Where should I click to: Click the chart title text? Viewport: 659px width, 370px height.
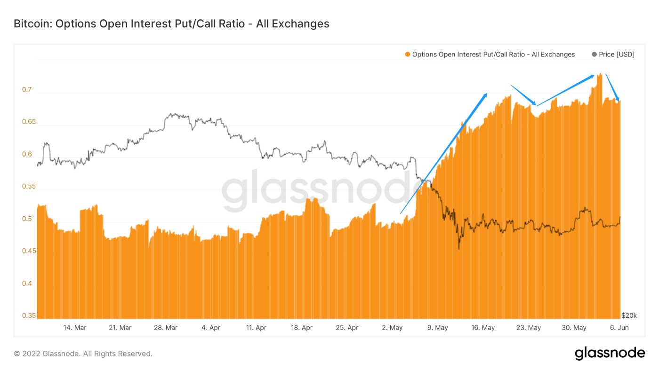(x=171, y=24)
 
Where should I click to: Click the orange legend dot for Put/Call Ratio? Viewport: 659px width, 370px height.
(x=407, y=55)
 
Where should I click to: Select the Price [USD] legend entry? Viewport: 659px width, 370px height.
(x=613, y=55)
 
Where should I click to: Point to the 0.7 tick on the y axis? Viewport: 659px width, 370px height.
(x=27, y=90)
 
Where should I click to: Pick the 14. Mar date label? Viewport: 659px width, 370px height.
(x=74, y=328)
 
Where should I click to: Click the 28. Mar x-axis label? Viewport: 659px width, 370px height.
(x=166, y=328)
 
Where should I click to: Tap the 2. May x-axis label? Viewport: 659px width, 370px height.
(x=392, y=328)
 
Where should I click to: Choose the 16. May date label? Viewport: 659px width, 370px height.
(x=483, y=328)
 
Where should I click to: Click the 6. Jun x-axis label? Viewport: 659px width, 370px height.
(x=619, y=328)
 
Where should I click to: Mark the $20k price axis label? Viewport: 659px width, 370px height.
(x=629, y=315)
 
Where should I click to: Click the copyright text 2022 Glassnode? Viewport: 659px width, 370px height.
(x=83, y=354)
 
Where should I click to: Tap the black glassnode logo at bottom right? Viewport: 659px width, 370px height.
(x=610, y=353)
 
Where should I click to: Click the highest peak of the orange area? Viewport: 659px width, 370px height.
(x=600, y=74)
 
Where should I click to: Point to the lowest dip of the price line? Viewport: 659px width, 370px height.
(x=458, y=249)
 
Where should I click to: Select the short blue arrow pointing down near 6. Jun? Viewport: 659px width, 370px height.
(x=612, y=87)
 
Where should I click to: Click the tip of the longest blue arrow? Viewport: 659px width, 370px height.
(x=487, y=94)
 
